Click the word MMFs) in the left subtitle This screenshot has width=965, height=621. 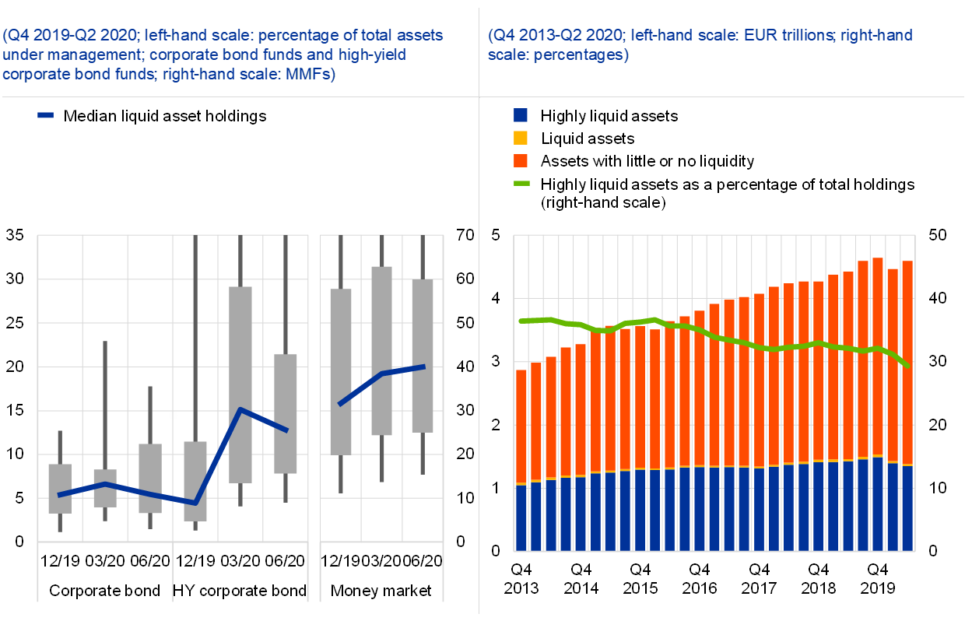[310, 75]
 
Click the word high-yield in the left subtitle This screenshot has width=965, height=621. [372, 55]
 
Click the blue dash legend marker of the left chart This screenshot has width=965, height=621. [45, 115]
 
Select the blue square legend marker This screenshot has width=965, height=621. [521, 115]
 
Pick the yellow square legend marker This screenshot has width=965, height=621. [521, 138]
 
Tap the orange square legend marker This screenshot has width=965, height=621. [521, 160]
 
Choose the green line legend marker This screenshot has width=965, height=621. [521, 184]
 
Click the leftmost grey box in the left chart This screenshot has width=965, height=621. [60, 488]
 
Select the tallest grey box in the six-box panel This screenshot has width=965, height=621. [240, 384]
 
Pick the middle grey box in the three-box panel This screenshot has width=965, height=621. [381, 350]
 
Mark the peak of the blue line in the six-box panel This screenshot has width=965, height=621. [241, 409]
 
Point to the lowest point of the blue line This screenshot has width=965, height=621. [195, 503]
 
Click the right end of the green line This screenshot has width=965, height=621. [908, 365]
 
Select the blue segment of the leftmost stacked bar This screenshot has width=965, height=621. [521, 518]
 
